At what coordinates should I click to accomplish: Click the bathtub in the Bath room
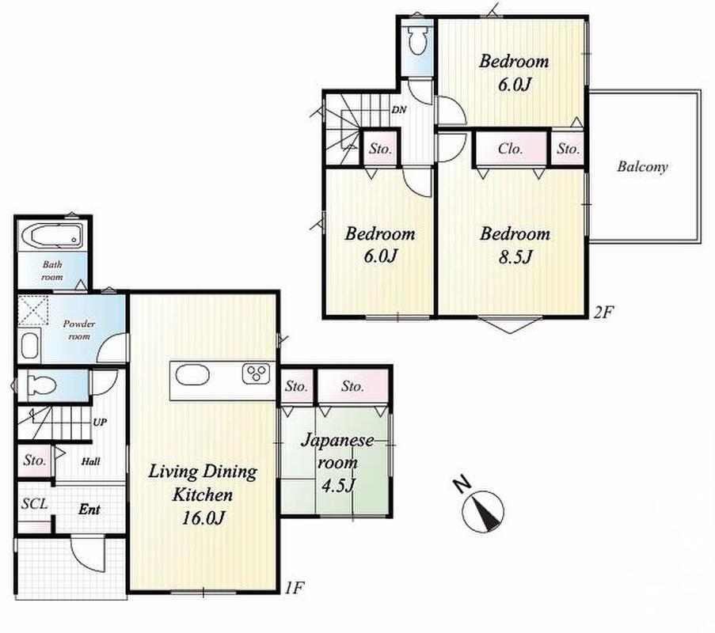(x=51, y=236)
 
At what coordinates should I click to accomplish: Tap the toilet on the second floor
(x=417, y=40)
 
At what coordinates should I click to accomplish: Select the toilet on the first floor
(x=41, y=385)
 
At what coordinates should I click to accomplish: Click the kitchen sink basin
(x=192, y=375)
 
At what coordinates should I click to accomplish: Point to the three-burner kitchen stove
(x=255, y=374)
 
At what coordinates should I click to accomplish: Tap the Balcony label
(x=642, y=166)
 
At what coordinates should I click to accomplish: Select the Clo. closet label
(x=510, y=149)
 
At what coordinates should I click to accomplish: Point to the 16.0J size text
(x=203, y=517)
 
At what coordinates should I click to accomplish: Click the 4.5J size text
(x=338, y=486)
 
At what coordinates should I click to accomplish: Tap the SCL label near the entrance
(x=35, y=503)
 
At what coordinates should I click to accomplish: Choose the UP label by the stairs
(x=100, y=422)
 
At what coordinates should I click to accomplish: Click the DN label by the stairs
(x=398, y=110)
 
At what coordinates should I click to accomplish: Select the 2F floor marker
(x=603, y=313)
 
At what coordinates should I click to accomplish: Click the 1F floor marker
(x=294, y=588)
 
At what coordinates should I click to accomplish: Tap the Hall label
(x=91, y=461)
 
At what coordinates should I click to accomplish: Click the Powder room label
(x=79, y=330)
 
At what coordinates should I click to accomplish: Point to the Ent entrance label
(x=89, y=509)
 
